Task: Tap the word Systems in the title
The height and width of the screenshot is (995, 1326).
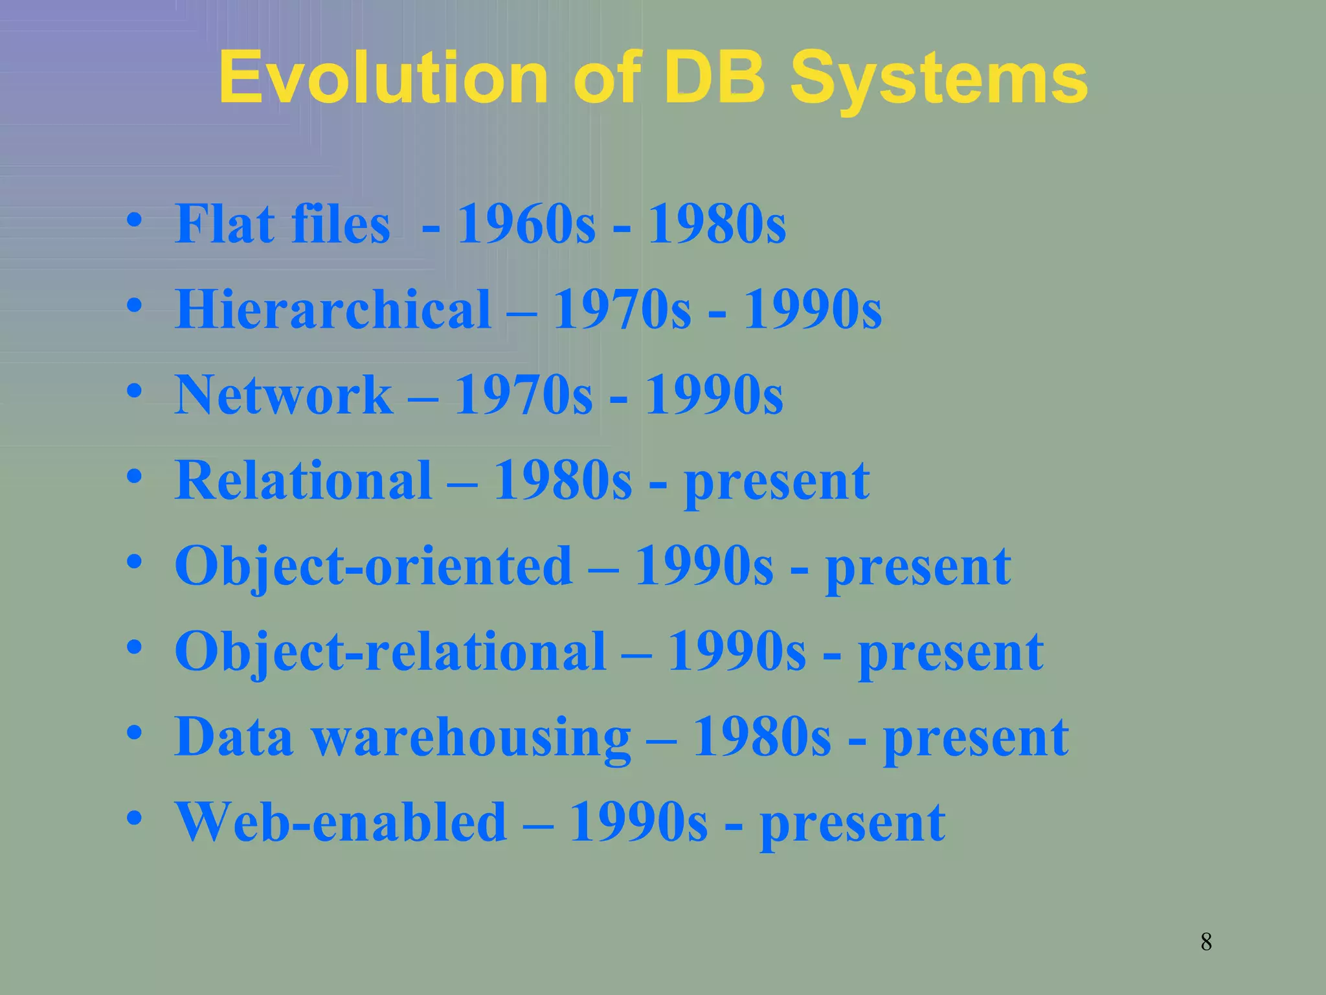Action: tap(939, 79)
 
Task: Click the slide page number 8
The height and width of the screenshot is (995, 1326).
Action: tap(1206, 941)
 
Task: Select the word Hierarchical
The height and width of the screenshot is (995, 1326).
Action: tap(333, 309)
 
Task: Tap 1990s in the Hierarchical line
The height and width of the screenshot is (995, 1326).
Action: tap(812, 309)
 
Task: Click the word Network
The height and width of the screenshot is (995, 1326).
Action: tap(284, 395)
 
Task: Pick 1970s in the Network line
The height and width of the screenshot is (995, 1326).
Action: tap(523, 395)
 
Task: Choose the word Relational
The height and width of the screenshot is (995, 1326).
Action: tap(303, 480)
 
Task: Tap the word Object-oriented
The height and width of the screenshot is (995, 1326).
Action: tap(374, 566)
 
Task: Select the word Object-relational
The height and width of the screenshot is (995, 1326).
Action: tap(390, 651)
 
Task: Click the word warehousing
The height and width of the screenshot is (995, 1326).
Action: tap(472, 738)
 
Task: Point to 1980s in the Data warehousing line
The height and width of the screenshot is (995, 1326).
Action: tap(761, 737)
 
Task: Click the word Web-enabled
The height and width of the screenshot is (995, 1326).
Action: tap(341, 822)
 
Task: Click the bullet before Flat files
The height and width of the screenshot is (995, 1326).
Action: tap(135, 222)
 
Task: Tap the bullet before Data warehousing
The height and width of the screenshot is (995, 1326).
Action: tap(135, 734)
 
